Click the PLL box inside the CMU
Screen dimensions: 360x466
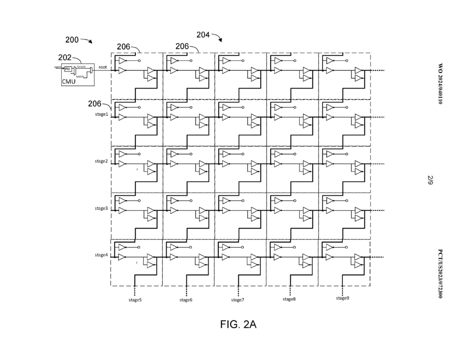click(68, 69)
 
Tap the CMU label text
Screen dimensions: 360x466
click(69, 82)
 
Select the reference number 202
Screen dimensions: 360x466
click(65, 58)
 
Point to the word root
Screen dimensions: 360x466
click(103, 67)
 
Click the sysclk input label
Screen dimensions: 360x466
click(58, 67)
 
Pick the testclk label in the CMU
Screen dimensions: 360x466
click(80, 76)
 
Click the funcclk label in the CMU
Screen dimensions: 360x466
click(81, 66)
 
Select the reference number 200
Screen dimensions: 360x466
click(72, 40)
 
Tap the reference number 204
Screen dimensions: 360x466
click(203, 35)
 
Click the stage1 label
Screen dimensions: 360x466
click(102, 114)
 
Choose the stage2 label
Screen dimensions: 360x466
click(101, 161)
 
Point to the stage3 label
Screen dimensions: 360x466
click(101, 208)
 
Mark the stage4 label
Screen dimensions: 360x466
click(101, 255)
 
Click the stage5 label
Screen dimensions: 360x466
click(135, 300)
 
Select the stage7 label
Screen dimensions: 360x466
click(238, 300)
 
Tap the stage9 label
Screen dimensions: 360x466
click(343, 298)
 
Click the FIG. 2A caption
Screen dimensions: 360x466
click(238, 325)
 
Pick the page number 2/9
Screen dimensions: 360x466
click(430, 180)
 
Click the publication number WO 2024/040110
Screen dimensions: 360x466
click(440, 84)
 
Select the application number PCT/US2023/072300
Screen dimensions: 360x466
click(440, 274)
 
